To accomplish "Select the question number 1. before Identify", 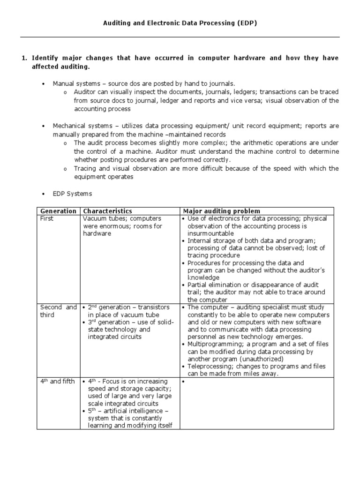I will click(25, 58).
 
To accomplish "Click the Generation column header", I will click(58, 211).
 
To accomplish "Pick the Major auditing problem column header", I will click(221, 211).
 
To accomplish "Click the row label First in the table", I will click(47, 219).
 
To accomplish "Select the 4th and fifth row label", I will click(57, 381).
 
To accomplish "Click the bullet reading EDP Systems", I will click(72, 193).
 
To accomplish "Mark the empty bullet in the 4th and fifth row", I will click(183, 382).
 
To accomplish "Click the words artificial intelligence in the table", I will click(134, 411).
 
